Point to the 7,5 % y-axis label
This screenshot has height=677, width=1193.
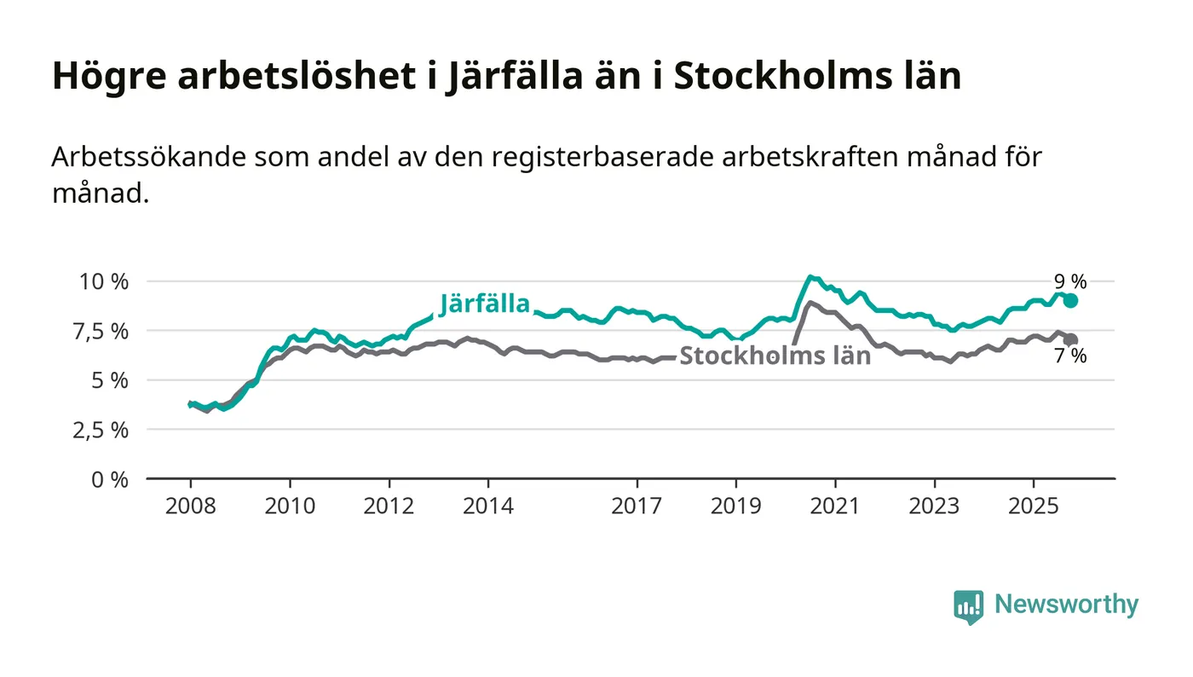[x=104, y=331]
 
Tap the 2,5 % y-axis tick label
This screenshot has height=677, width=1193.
[x=104, y=430]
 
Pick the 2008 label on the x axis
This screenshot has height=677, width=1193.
[x=190, y=506]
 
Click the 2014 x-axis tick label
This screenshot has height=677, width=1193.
[x=487, y=506]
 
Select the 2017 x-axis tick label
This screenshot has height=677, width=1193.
[x=637, y=506]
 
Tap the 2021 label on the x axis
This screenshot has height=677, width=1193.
[x=834, y=506]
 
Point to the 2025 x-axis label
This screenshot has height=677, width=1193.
[x=1033, y=506]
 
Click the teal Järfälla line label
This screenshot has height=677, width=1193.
[x=485, y=304]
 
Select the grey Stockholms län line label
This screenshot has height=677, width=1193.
[x=775, y=356]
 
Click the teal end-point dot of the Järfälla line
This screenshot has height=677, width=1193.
[x=1070, y=300]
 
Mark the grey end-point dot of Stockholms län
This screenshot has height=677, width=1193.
[x=1070, y=340]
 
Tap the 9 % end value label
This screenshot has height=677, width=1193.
[x=1070, y=281]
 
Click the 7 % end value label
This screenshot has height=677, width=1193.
[x=1070, y=357]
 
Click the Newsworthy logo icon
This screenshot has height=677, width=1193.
[x=968, y=606]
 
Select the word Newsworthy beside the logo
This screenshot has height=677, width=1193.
[x=1066, y=605]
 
